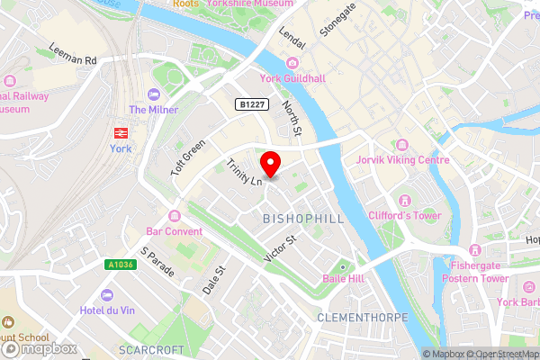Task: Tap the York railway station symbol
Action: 119,132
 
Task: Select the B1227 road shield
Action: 252,105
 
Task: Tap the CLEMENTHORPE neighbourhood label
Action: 363,318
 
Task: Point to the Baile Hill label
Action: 343,279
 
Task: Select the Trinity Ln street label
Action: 243,172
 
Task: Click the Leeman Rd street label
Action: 73,56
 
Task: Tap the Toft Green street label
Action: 188,157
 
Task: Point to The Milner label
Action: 153,109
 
